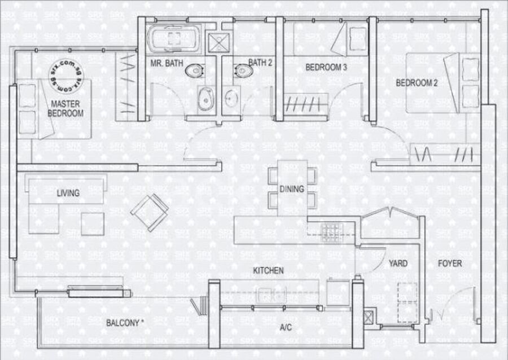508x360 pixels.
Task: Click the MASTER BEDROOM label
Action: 65,108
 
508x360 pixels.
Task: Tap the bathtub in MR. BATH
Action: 174,38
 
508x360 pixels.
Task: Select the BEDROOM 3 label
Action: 326,67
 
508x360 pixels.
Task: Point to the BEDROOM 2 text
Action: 417,82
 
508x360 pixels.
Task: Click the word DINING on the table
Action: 292,188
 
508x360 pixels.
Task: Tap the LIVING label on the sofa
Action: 68,193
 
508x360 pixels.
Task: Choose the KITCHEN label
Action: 268,270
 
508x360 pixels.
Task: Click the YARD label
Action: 398,263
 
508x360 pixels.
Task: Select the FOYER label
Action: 450,263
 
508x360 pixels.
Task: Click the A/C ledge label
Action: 286,327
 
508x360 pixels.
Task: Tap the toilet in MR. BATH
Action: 195,71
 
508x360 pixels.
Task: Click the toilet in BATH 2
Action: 244,71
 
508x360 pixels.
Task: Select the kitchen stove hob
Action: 332,232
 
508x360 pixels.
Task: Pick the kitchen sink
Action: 271,295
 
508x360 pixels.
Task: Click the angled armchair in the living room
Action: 150,212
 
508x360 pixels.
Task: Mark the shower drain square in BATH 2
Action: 218,42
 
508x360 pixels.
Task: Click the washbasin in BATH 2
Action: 231,98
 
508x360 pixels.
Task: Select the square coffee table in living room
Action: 93,223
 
